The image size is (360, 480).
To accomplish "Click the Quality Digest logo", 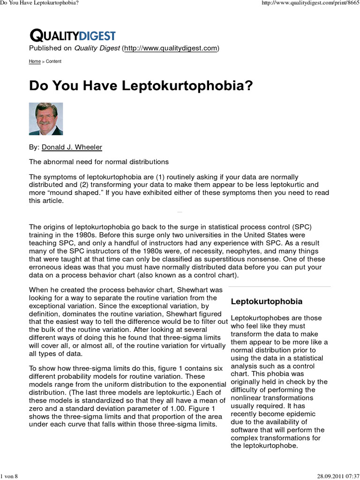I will (x=72, y=35).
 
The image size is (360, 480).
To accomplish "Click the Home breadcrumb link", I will (x=34, y=61).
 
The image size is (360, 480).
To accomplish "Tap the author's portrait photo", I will (x=46, y=119).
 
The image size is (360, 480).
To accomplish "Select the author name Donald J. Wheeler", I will (x=72, y=147).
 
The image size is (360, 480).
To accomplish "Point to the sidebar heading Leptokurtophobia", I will (x=266, y=301).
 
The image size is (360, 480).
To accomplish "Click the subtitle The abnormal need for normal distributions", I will (x=98, y=162).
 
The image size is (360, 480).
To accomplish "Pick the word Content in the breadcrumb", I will (x=53, y=61).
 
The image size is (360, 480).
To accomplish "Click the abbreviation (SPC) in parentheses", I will (x=301, y=227).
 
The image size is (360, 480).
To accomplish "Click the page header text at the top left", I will (x=39, y=3).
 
